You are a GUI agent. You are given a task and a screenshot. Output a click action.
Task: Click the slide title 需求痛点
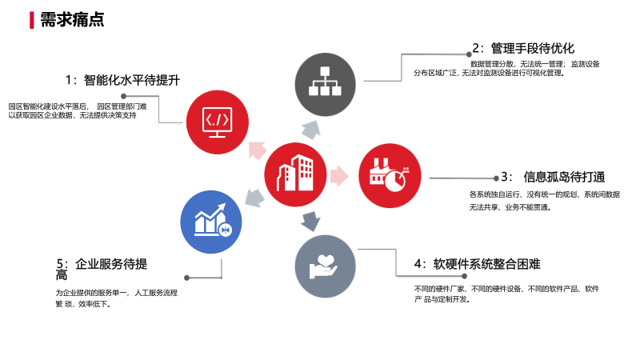tap(72, 19)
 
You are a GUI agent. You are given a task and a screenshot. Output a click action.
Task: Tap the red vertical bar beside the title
tap(31, 19)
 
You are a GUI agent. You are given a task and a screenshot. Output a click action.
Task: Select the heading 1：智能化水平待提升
tap(122, 80)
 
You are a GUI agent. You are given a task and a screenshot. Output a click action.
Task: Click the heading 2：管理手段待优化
tap(523, 48)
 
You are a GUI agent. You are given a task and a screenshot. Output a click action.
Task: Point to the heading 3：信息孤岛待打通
tap(553, 177)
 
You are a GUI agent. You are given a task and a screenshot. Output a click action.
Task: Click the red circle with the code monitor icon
tap(218, 122)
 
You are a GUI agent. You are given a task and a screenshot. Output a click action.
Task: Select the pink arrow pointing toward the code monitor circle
tap(257, 149)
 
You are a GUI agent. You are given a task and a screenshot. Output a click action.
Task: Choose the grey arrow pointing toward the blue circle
tap(254, 196)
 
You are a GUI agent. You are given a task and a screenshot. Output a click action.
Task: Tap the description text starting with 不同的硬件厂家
tap(506, 294)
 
